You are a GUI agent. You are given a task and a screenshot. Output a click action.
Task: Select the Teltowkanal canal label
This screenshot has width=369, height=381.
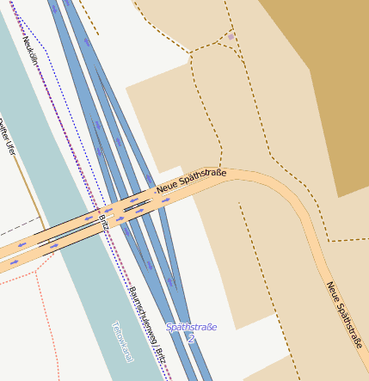coord(122,341)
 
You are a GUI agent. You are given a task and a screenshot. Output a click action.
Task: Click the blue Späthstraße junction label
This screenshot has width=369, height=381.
coord(191,327)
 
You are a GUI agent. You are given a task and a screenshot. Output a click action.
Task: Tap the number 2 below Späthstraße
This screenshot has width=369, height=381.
coord(191,339)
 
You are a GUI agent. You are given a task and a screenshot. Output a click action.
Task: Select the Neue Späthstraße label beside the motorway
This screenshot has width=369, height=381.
coord(191,181)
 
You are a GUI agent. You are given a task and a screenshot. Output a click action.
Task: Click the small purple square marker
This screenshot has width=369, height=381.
coord(231,37)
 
